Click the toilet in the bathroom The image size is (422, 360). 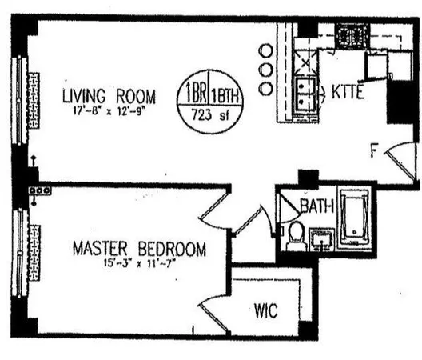[x=295, y=235]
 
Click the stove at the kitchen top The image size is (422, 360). [x=349, y=36]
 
